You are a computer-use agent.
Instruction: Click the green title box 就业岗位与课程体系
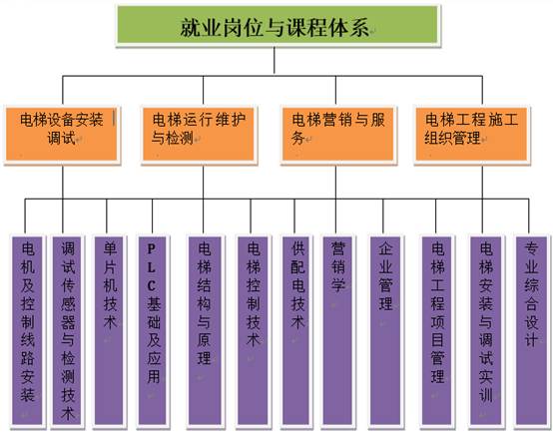point(278,25)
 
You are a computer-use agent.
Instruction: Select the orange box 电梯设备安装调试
point(62,135)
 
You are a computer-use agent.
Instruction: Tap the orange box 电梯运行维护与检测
point(199,135)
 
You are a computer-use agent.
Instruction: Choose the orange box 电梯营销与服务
point(338,135)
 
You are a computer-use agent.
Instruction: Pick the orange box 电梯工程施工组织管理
point(472,135)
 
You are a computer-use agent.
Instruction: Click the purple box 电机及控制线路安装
point(27,331)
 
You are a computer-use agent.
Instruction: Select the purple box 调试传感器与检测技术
point(67,331)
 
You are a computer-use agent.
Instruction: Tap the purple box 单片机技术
point(110,331)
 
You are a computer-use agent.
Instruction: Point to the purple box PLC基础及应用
point(153,331)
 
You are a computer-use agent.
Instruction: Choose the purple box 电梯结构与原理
point(205,331)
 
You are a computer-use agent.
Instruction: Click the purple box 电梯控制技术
point(253,331)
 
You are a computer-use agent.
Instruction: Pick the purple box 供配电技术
point(296,331)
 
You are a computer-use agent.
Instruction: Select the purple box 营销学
point(337,331)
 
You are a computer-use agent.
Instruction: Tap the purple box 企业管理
point(385,331)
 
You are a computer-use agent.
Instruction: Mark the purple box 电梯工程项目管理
point(437,331)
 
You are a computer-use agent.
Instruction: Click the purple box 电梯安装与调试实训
point(486,331)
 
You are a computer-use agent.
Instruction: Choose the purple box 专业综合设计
point(531,331)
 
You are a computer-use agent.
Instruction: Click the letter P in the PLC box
point(152,249)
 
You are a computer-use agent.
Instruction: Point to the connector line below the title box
point(275,60)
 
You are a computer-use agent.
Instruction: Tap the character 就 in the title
point(190,28)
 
